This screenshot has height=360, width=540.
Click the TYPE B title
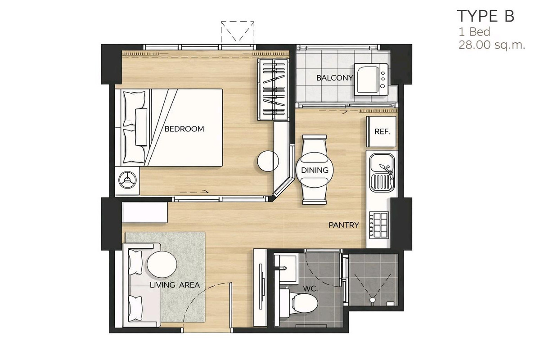point(486,16)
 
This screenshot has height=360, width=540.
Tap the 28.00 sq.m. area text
point(492,45)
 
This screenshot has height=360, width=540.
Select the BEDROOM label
point(184,129)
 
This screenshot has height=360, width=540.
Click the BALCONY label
point(335,78)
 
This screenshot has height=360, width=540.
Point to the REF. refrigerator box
point(382,132)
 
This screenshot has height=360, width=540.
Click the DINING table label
point(315,170)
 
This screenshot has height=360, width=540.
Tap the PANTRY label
point(344,225)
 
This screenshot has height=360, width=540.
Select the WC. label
point(310,288)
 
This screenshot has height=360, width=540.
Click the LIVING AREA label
point(175,285)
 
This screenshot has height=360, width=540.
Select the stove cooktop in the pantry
point(379,225)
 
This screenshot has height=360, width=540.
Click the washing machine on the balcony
point(371,79)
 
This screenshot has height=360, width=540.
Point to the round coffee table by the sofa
point(162,264)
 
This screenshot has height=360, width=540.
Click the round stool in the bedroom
point(268,161)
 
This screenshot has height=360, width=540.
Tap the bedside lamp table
point(127,180)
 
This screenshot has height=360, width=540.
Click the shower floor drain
point(373,300)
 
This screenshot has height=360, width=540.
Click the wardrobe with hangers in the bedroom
point(273,90)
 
